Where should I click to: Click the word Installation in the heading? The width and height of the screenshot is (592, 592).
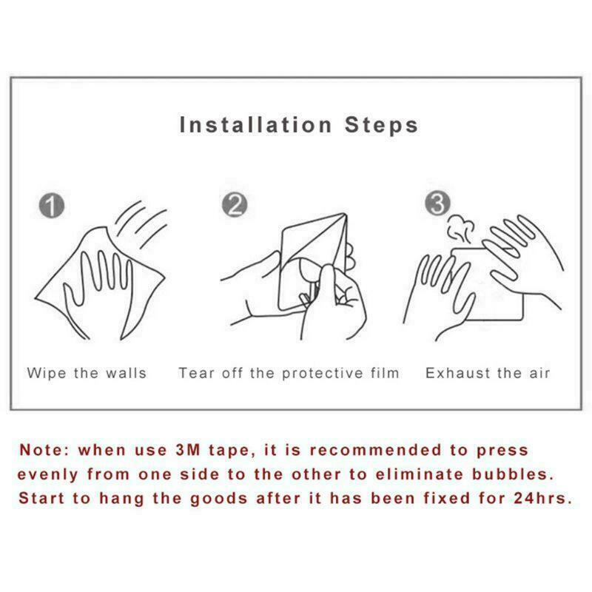(255, 124)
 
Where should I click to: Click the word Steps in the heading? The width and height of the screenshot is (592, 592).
(381, 126)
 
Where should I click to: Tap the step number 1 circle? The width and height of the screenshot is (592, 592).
(52, 206)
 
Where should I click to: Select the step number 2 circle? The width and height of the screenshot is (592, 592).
(235, 205)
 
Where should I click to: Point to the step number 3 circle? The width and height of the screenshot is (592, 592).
(437, 203)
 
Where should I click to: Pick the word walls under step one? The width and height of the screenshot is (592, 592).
(126, 373)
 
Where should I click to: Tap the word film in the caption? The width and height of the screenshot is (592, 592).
(385, 373)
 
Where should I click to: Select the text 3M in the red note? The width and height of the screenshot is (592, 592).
(188, 450)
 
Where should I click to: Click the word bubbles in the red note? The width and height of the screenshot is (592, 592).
(513, 474)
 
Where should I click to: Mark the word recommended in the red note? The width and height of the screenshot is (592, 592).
(375, 450)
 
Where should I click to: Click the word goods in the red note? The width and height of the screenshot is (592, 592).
(219, 499)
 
